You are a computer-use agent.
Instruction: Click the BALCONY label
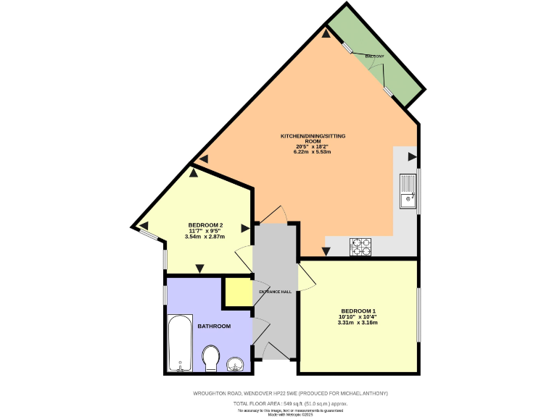point(374,56)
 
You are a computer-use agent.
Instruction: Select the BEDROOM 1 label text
point(358,311)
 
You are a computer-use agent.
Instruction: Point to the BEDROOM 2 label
point(205,224)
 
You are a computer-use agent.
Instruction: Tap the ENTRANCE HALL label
point(276,292)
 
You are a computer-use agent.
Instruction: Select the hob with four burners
point(361,248)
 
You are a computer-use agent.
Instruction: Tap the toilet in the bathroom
point(211,358)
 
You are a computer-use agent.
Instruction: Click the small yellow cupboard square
point(234,292)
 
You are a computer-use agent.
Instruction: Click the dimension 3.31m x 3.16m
point(358,322)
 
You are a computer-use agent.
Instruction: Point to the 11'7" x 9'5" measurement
point(205,231)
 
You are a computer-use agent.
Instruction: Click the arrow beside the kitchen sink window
point(412,156)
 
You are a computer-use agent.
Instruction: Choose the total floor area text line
point(289,403)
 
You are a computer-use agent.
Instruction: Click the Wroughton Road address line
point(290,393)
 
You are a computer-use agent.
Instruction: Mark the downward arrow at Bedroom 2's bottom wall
point(199,269)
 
